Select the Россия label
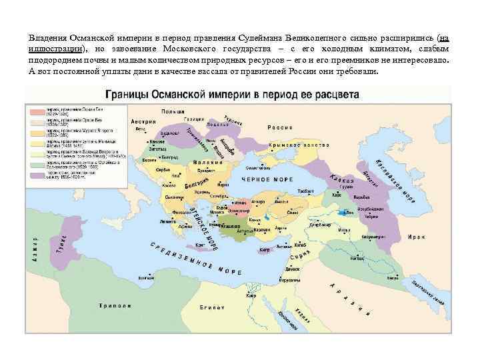point(280,127)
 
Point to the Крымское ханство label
point(299,145)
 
